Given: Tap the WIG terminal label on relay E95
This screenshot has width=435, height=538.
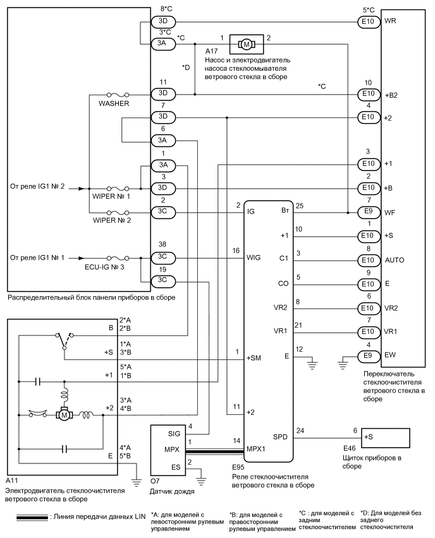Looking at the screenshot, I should click(254, 258).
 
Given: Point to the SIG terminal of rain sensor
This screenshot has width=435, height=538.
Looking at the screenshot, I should click(175, 435).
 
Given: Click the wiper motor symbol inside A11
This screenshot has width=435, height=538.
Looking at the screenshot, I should click(64, 415).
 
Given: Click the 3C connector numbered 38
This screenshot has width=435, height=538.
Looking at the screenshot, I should click(163, 258).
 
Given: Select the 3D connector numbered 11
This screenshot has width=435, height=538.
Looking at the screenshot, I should click(163, 93).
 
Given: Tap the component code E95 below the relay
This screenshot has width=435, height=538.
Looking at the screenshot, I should click(239, 471).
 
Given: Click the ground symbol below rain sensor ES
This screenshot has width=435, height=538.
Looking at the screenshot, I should click(201, 480).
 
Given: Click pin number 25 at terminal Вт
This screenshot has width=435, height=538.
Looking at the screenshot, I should click(300, 205).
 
